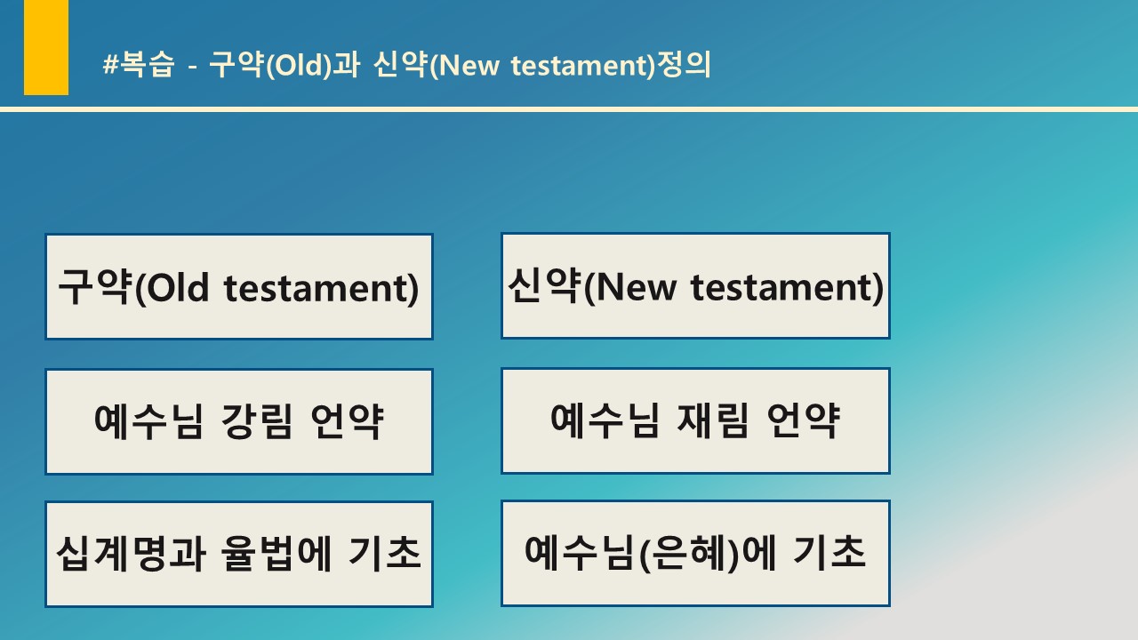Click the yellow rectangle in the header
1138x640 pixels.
[46, 47]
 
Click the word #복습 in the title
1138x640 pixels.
[139, 65]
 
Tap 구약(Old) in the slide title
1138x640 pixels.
[269, 65]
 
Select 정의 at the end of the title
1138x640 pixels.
[684, 65]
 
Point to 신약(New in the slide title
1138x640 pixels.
[437, 65]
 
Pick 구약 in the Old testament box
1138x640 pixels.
[95, 286]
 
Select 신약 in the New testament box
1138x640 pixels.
[545, 285]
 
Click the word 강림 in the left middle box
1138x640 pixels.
[257, 421]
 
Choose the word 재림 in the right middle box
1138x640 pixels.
[713, 420]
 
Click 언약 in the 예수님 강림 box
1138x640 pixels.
[348, 421]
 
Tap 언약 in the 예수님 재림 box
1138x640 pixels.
[803, 420]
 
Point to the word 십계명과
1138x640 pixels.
[131, 553]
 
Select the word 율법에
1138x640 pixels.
[276, 553]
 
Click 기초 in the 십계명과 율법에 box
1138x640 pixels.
[385, 553]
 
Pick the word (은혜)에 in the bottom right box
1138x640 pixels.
[707, 553]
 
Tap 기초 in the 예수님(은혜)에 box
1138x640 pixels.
[829, 552]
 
